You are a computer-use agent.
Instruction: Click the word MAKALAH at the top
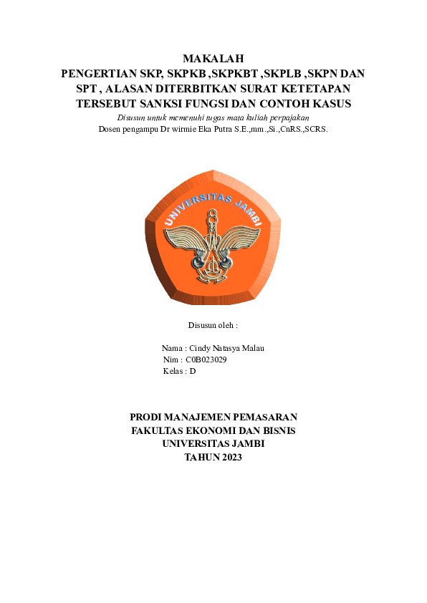click(x=214, y=59)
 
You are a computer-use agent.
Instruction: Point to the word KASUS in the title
click(x=327, y=103)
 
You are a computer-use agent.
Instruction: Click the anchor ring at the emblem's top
click(x=213, y=214)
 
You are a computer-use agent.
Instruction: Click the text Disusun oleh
click(x=212, y=324)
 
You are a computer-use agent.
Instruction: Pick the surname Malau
click(x=252, y=348)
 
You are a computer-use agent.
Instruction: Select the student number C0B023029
click(x=206, y=360)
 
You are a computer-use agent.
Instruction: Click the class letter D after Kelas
click(x=193, y=371)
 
